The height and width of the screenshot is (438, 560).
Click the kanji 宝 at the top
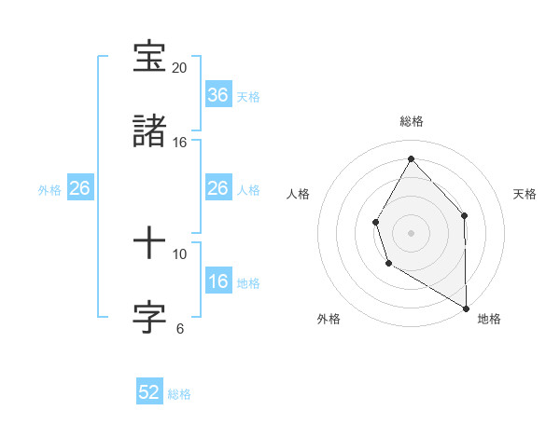(x=151, y=58)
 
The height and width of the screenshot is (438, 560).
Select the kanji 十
(x=151, y=244)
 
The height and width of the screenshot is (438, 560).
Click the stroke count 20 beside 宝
(x=179, y=68)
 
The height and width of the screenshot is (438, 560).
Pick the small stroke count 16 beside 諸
(x=179, y=142)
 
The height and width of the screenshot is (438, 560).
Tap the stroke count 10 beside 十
(x=179, y=253)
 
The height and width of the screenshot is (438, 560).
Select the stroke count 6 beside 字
(x=179, y=328)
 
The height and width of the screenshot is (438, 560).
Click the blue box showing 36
(x=218, y=95)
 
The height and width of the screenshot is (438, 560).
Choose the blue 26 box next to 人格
(x=218, y=188)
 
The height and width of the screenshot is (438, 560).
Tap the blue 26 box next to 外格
(x=80, y=188)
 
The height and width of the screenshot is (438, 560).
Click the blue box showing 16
(x=218, y=281)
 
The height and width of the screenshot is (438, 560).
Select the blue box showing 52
(x=149, y=392)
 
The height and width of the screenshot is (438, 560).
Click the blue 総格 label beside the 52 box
(x=179, y=394)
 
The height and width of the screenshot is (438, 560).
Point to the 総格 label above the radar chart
(x=412, y=121)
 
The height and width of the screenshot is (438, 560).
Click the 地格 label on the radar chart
(x=489, y=319)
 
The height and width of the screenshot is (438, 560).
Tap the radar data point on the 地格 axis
(x=466, y=308)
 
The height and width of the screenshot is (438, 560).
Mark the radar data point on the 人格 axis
(x=376, y=222)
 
